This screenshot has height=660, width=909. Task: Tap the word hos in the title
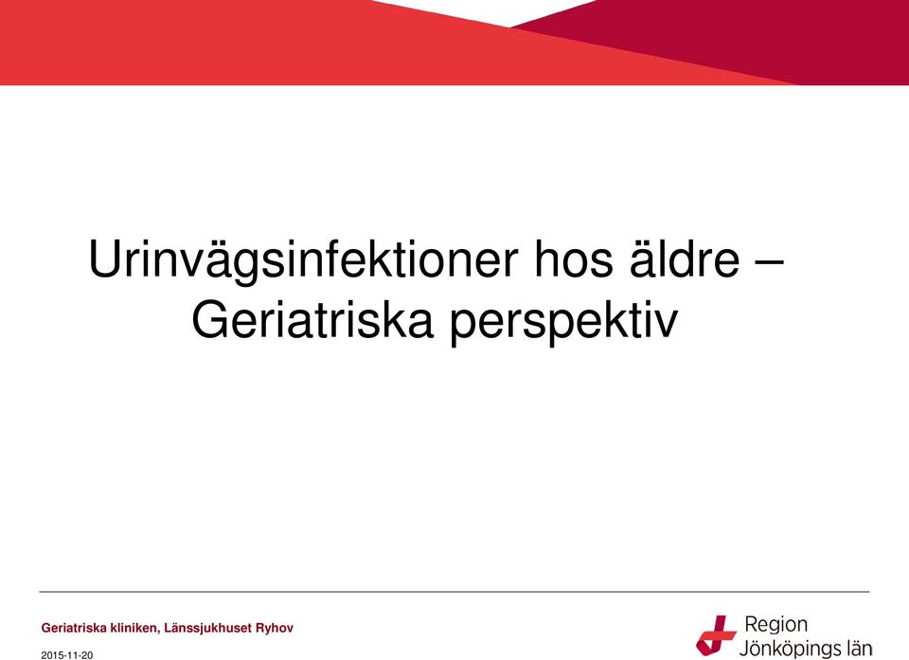click(573, 259)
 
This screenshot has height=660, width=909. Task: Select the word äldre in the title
click(685, 259)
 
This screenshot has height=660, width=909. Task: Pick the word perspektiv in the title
click(563, 323)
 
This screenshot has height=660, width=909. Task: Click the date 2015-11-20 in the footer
click(66, 655)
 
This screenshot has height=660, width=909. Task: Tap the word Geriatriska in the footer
click(74, 628)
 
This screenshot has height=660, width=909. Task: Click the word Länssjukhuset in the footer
click(208, 628)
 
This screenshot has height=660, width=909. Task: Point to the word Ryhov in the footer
click(275, 628)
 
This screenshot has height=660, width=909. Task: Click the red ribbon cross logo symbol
click(716, 635)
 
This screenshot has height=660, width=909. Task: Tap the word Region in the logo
click(775, 625)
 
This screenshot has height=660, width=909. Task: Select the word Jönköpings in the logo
click(788, 649)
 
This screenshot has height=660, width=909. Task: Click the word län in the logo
click(857, 648)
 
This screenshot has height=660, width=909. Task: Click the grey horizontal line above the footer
click(454, 592)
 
